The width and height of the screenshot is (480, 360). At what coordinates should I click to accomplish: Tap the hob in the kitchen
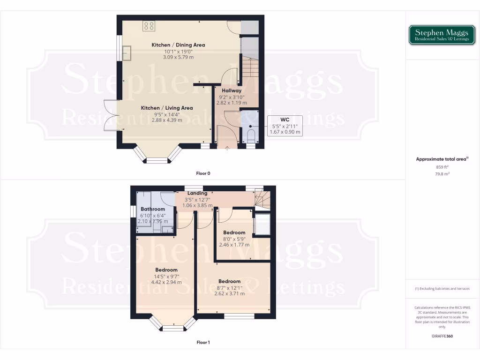point(149,26)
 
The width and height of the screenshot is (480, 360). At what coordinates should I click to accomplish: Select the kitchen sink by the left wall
point(127,53)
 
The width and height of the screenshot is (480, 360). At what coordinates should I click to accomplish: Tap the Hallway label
point(232,90)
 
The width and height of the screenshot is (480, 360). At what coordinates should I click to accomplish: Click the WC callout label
point(285,120)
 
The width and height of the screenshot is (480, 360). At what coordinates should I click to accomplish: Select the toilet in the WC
point(251,136)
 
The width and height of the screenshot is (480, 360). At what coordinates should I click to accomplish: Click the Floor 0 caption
point(203,173)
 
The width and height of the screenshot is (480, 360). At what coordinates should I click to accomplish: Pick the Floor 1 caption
point(203,343)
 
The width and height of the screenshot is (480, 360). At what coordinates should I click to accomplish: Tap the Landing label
point(197,193)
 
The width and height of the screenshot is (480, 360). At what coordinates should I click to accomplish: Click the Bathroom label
point(153,209)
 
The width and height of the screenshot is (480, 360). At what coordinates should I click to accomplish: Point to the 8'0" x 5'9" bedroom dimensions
point(234,239)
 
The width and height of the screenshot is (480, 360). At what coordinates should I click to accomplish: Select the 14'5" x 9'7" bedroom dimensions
point(166,276)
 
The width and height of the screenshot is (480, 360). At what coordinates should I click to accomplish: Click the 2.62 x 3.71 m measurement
point(229,293)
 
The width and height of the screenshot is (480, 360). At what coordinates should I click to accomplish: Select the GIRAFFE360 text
point(442,336)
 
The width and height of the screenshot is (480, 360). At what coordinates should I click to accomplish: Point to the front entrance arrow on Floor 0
point(228,149)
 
